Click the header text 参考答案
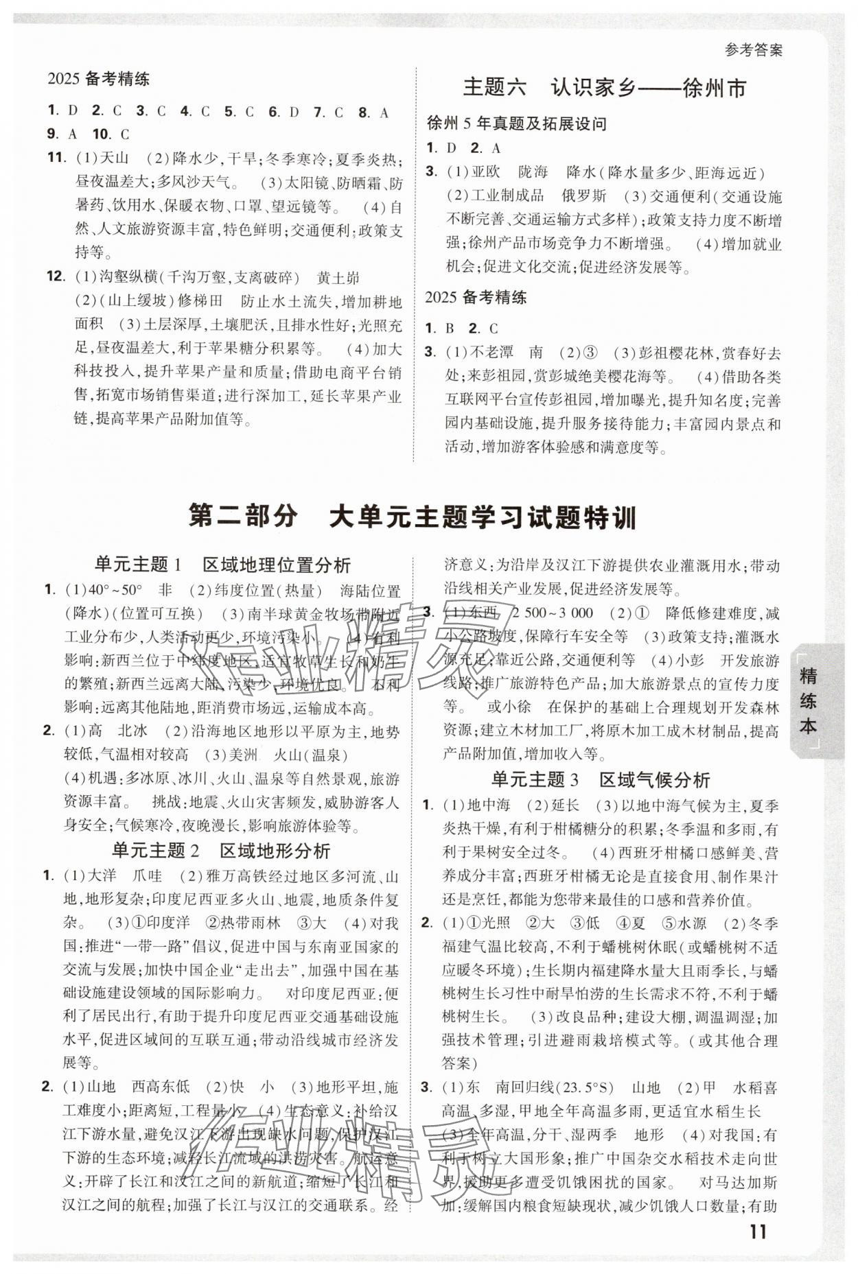(x=753, y=50)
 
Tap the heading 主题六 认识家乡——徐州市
(x=604, y=88)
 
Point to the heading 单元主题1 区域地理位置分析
(x=222, y=565)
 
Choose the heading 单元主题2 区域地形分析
(x=221, y=851)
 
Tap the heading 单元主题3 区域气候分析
(x=601, y=780)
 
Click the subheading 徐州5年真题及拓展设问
(x=516, y=124)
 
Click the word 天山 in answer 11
(x=114, y=158)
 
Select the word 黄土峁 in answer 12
(x=338, y=279)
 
